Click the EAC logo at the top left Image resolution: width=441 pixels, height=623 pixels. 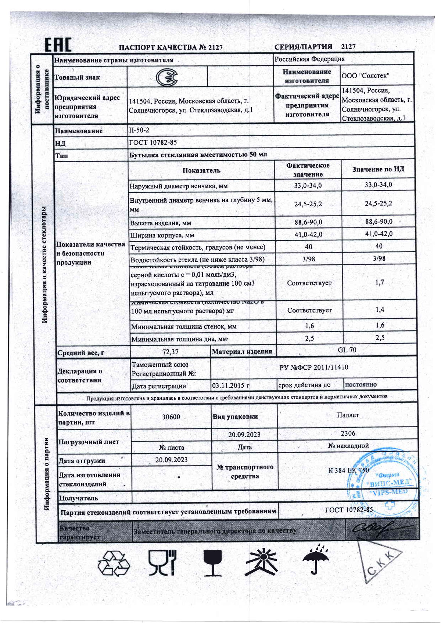tap(58, 45)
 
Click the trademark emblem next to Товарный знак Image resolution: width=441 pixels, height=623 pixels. tap(167, 77)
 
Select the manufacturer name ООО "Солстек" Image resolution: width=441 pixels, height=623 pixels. tap(365, 76)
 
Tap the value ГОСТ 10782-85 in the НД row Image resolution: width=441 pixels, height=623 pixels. tap(153, 142)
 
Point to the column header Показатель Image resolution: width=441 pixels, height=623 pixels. tap(201, 170)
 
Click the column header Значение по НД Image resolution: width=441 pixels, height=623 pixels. tap(378, 169)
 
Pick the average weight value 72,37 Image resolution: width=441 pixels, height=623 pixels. tap(171, 352)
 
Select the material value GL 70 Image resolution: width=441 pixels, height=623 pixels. tap(347, 350)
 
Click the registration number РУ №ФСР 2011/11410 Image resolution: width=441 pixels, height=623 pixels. tap(314, 367)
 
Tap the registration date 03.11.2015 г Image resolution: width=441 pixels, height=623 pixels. tap(231, 385)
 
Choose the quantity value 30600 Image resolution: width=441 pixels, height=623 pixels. tap(171, 417)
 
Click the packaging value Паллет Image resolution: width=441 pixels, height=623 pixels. tap(348, 415)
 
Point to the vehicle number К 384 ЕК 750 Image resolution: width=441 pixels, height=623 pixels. tap(348, 470)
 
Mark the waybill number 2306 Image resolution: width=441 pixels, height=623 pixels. tap(348, 434)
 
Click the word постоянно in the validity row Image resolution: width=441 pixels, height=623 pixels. tap(361, 384)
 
